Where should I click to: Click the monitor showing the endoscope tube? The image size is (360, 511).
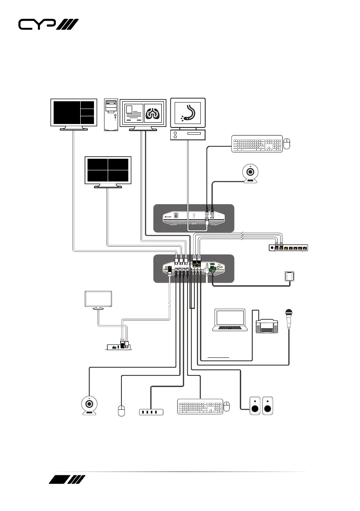click(x=188, y=114)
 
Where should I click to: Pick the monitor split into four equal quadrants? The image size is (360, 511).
click(x=108, y=170)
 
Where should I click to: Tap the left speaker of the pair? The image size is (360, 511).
click(x=255, y=405)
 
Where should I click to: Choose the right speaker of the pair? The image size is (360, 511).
click(x=268, y=405)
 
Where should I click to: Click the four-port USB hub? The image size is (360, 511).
click(x=151, y=412)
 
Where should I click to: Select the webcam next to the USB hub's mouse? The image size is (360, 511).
click(x=89, y=405)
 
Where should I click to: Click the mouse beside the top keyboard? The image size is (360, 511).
click(x=287, y=144)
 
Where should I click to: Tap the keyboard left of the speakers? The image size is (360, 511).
click(x=200, y=406)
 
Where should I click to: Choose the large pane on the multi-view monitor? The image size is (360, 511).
click(x=66, y=112)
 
